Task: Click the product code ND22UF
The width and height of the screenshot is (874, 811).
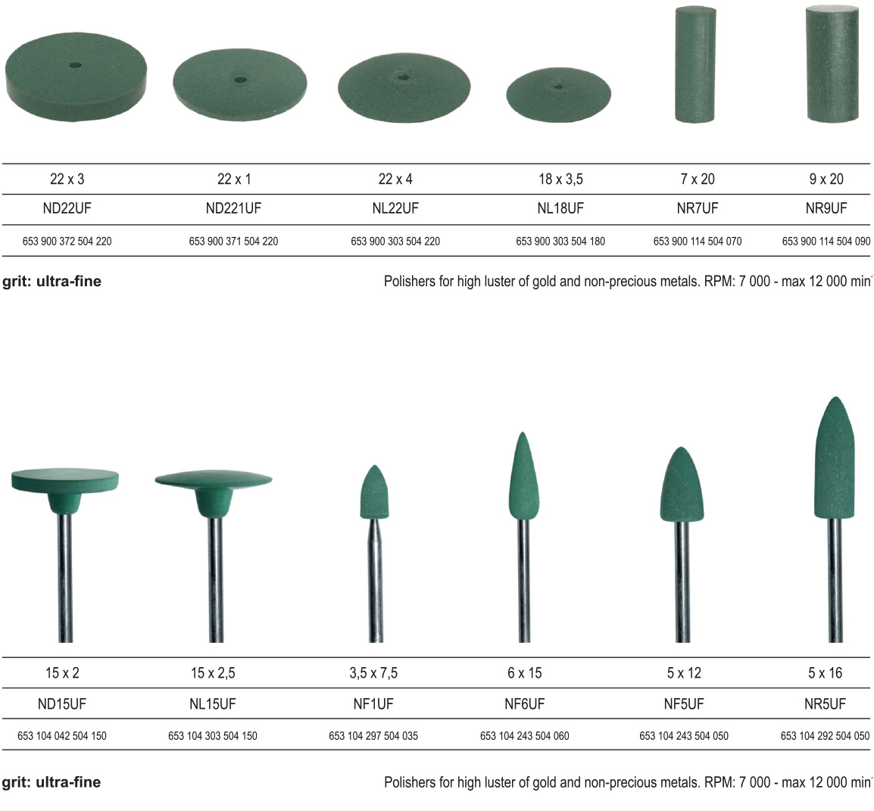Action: coord(67,208)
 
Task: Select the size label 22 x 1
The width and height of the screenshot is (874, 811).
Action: coord(233,179)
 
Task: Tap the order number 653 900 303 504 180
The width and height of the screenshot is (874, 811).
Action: coord(560,242)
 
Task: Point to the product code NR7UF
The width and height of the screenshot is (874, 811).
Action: coord(697,208)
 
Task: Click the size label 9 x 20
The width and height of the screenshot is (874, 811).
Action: coord(826,179)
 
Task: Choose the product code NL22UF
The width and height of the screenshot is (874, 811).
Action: coord(395,208)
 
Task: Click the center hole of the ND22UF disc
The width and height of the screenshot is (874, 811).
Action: coord(74,65)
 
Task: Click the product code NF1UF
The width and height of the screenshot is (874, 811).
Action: coord(373,703)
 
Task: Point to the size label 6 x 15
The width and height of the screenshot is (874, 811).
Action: coord(524,672)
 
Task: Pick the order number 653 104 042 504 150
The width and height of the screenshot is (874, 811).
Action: coord(62,735)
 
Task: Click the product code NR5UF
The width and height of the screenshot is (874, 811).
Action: coord(825,703)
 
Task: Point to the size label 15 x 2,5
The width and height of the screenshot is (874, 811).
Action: coord(213,672)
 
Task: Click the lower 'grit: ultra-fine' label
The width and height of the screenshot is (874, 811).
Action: coord(52,782)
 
